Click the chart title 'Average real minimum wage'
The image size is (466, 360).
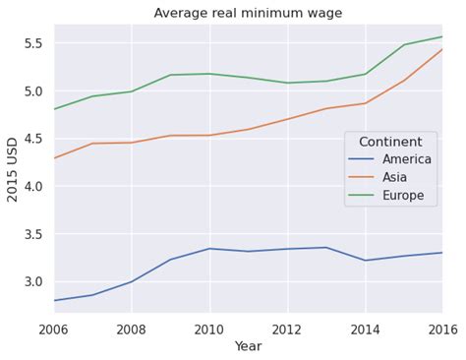[x=248, y=13]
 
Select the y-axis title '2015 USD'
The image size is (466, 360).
[x=14, y=168]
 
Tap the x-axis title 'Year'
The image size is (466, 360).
[x=248, y=346]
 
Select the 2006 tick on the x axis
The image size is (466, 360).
[x=54, y=329]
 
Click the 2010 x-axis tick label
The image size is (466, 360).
[x=209, y=329]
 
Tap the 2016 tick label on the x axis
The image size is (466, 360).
[x=442, y=329]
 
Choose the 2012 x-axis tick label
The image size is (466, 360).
[x=287, y=329]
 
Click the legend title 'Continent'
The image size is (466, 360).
[x=390, y=143]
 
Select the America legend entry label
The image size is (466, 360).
[x=407, y=160]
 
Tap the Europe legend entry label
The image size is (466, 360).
[x=404, y=196]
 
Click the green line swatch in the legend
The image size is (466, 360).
[x=363, y=196]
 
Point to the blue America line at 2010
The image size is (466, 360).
[x=209, y=249]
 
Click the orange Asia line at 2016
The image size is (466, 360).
[x=441, y=50]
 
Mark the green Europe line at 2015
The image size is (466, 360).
[x=403, y=45]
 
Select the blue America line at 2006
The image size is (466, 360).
[x=55, y=300]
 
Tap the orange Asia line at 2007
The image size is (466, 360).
[x=92, y=144]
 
